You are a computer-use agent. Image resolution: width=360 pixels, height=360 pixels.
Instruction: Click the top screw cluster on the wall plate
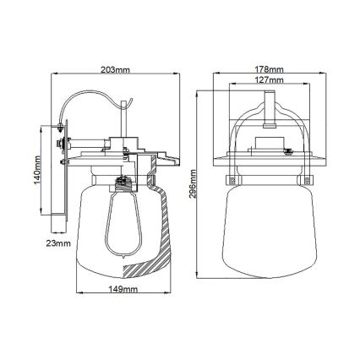(61, 130)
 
